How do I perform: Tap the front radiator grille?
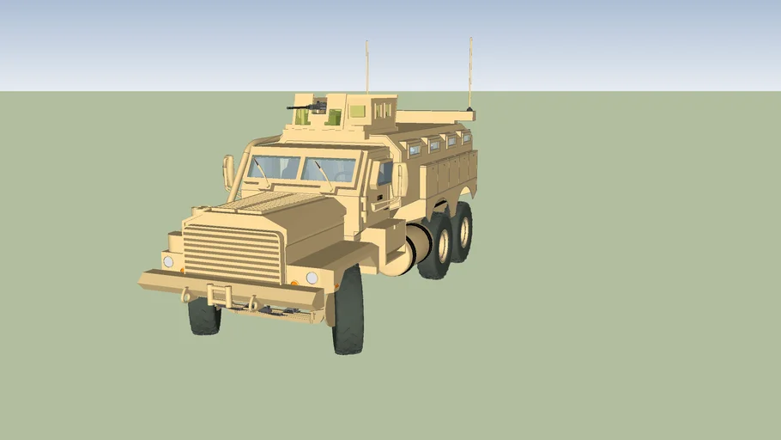(233, 252)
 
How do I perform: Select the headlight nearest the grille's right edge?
(312, 278)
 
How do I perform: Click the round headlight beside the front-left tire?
(168, 261)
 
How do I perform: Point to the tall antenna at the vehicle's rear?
(470, 73)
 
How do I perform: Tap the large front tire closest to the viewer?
(348, 310)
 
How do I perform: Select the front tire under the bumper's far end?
(204, 315)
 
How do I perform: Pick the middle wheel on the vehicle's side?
(437, 246)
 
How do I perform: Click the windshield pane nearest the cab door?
(328, 170)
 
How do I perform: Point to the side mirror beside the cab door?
(399, 180)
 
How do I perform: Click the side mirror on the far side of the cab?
(228, 171)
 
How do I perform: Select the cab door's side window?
(384, 174)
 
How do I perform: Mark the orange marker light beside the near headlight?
(294, 282)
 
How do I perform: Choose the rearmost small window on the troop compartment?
(467, 137)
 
